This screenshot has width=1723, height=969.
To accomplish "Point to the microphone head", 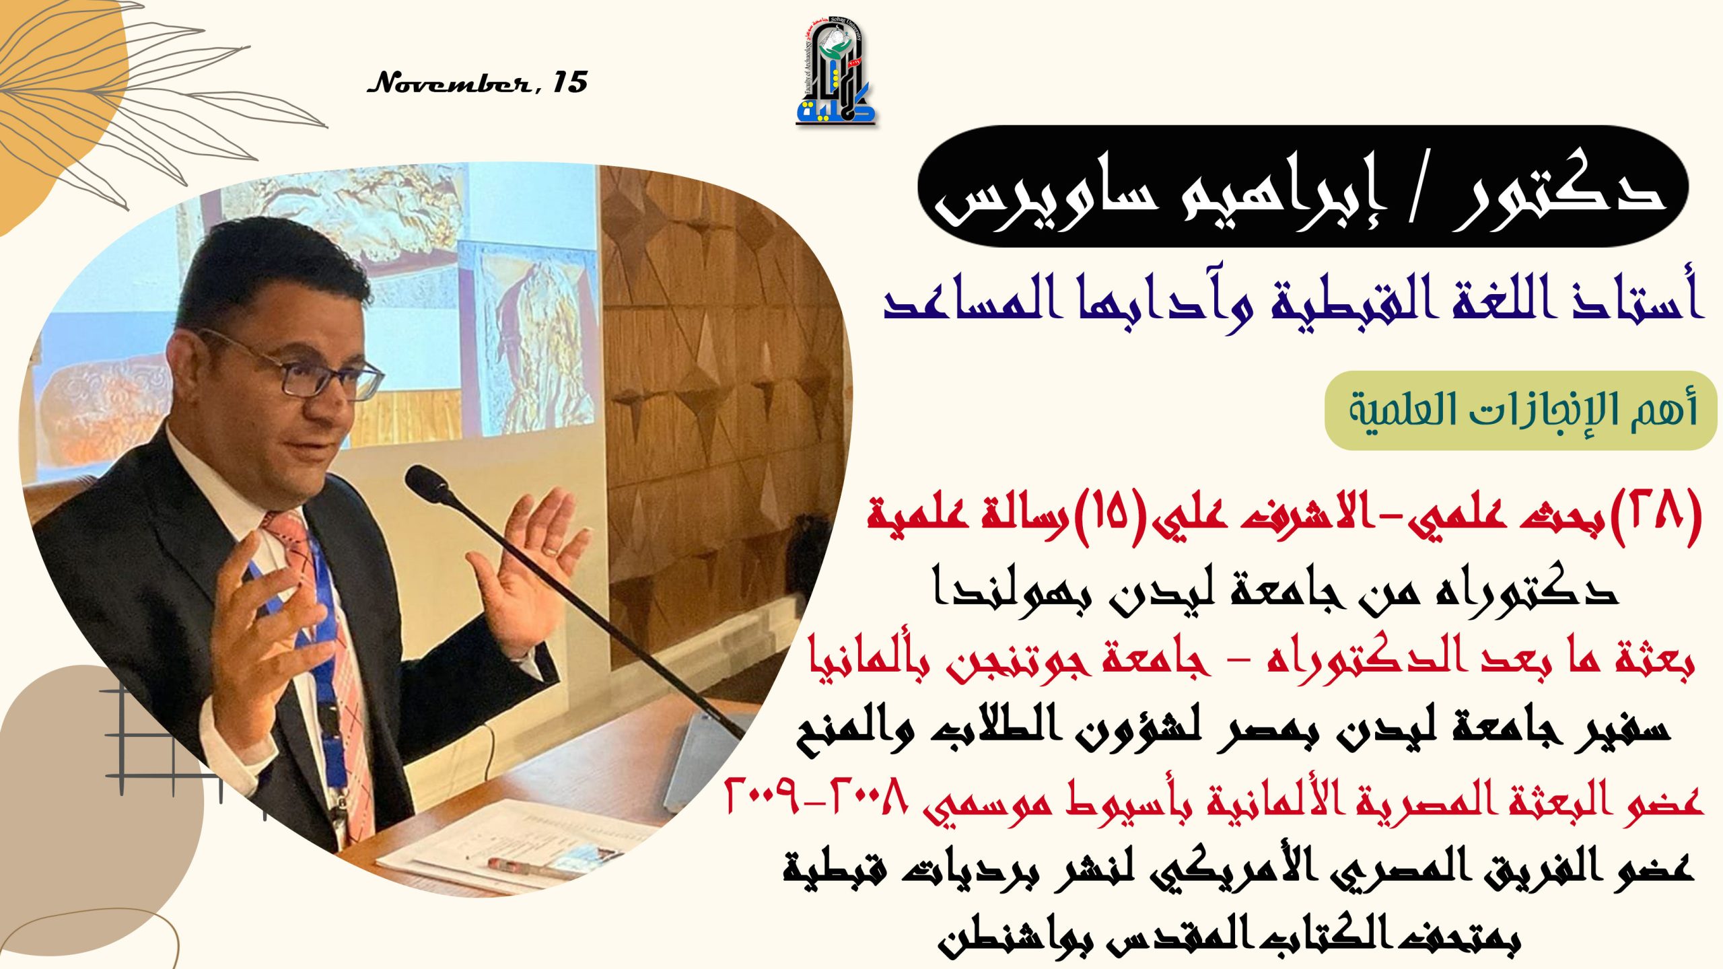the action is coord(428,483).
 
